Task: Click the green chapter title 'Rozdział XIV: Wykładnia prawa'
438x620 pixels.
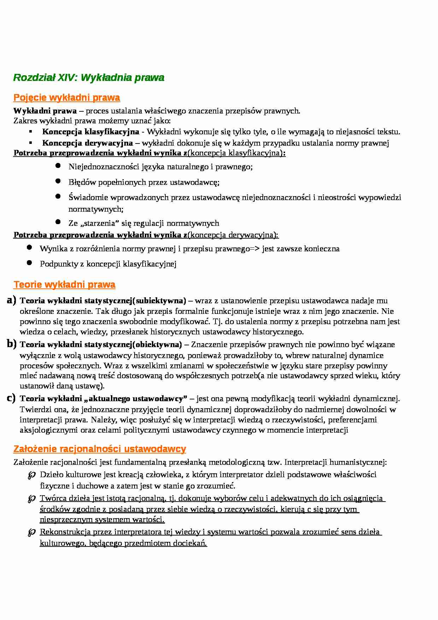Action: [x=89, y=78]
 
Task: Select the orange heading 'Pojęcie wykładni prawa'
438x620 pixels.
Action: [x=66, y=98]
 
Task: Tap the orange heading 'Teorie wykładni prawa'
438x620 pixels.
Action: [x=64, y=285]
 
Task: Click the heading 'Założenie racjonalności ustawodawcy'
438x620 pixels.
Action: [x=100, y=449]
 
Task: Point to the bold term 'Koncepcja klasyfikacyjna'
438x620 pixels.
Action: [x=90, y=132]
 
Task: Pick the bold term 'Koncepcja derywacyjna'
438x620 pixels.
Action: [x=87, y=143]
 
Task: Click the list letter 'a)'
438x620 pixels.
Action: [x=11, y=300]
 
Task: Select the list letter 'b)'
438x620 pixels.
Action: [x=11, y=344]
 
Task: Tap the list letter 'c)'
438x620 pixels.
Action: [x=11, y=398]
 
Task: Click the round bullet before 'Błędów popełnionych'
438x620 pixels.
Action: [x=58, y=181]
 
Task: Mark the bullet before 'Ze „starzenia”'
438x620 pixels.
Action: [x=58, y=222]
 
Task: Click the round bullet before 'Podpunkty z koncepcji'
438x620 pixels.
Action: [x=29, y=263]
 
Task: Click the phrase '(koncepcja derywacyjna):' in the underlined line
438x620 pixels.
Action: [x=233, y=235]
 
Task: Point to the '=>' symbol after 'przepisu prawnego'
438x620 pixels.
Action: [x=255, y=249]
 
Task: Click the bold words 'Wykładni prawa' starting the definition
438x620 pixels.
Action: [x=45, y=111]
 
